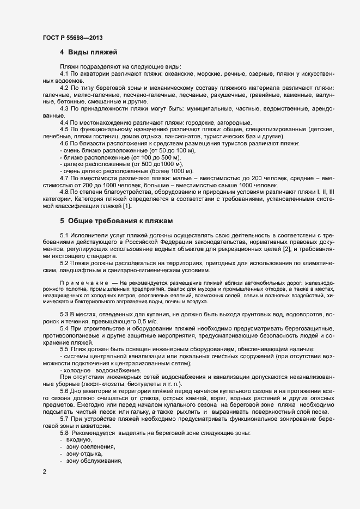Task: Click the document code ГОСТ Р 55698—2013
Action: click(72, 38)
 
